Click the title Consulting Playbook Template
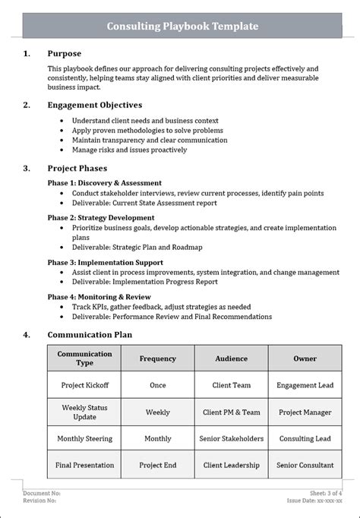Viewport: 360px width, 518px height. click(182, 27)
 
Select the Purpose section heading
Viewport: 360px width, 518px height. click(64, 54)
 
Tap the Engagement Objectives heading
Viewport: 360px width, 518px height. click(94, 106)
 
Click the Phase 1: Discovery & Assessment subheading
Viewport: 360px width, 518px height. click(105, 183)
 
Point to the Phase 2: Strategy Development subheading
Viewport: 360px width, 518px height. click(100, 217)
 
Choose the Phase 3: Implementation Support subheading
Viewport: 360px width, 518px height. click(106, 262)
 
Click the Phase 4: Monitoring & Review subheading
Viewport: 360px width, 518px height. click(99, 297)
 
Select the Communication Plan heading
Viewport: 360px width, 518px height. click(89, 333)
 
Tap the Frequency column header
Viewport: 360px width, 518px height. click(157, 358)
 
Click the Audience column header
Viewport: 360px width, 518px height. click(231, 358)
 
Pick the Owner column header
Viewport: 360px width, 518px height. click(305, 358)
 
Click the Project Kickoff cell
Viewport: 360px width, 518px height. click(84, 386)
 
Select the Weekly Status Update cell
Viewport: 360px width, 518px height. click(84, 412)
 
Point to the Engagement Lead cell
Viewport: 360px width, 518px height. click(305, 386)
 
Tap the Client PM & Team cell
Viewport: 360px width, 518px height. click(231, 412)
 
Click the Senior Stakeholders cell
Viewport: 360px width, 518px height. click(231, 439)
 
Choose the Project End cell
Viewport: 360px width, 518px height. click(157, 466)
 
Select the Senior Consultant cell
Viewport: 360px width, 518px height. click(305, 466)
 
